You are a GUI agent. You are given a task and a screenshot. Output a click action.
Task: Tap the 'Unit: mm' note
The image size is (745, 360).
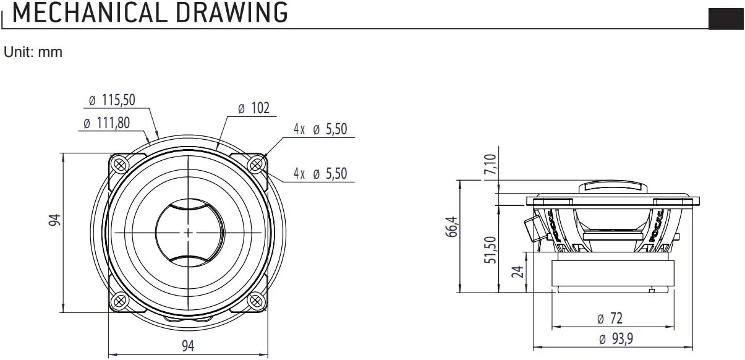pos(33,53)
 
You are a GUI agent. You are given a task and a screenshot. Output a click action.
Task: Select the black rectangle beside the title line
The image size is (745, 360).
pos(726,19)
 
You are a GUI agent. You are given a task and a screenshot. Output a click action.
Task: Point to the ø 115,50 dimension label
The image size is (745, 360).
pos(111,100)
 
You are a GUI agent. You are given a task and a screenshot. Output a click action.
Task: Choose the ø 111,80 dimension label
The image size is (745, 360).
pos(106,123)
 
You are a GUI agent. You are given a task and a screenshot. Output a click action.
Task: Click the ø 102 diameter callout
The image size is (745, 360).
pos(253,108)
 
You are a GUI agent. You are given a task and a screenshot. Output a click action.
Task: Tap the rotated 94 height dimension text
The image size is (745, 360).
pos(56,220)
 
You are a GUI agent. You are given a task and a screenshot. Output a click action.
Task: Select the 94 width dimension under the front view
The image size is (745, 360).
pos(188,346)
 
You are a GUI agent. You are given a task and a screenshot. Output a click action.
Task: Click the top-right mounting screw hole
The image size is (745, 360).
pos(256,164)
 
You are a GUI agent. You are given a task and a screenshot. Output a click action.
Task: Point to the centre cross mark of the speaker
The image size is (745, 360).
pos(188,233)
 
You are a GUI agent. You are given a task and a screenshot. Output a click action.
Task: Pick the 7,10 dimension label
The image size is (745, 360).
pos(489,165)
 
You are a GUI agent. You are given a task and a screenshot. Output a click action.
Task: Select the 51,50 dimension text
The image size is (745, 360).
pos(489,249)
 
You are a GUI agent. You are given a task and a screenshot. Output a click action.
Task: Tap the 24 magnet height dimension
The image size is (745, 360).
pos(517,271)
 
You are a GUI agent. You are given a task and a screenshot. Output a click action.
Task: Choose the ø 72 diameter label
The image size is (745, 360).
pos(610,319)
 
